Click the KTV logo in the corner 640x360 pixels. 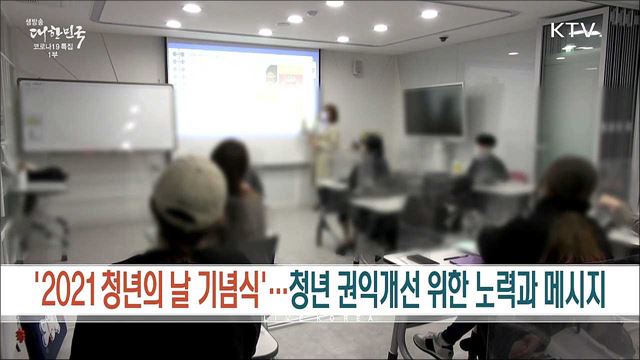point(575,29)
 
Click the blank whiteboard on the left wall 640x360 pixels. point(96,115)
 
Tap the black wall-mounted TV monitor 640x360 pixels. point(433,109)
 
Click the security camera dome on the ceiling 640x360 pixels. point(443,38)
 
